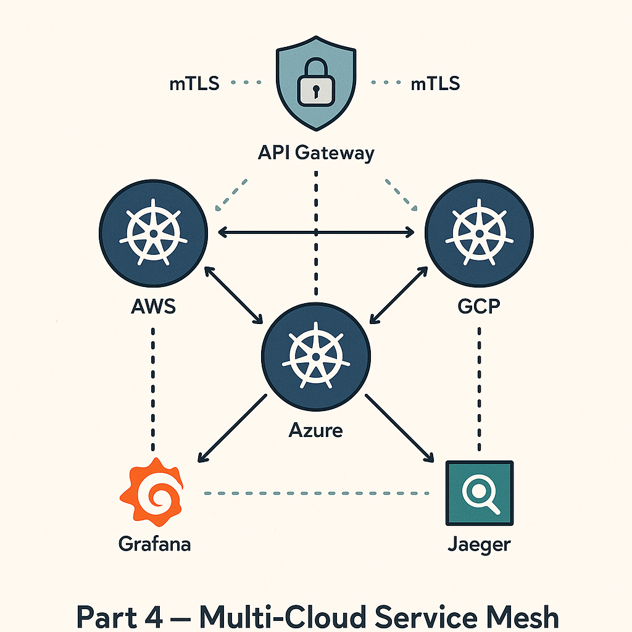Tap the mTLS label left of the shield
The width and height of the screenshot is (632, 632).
pos(194,83)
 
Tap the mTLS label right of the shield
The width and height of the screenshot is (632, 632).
pos(435,83)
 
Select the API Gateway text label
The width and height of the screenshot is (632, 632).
pos(316,152)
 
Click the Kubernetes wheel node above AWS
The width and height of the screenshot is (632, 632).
pos(153,233)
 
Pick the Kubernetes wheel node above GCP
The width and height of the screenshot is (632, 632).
pos(480,233)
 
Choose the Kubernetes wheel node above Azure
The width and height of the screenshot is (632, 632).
pos(316,357)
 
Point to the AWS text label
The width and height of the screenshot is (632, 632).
pos(153,306)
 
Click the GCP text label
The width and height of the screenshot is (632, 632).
pos(480,306)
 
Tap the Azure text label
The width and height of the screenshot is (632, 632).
pos(315,429)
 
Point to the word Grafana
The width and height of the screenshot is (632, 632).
pos(154,544)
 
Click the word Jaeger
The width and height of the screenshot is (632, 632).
pos(480,544)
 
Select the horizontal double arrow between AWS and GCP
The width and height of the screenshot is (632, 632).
pos(316,232)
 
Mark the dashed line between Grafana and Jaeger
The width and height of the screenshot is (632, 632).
pos(316,493)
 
